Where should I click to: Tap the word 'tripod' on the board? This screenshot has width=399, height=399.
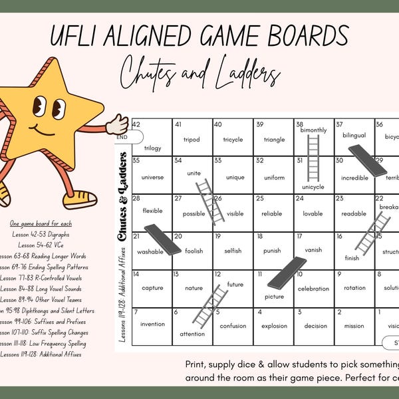(x=192, y=140)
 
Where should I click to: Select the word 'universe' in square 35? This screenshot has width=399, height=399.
(x=152, y=178)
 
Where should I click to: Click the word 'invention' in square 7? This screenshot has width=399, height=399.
(x=152, y=325)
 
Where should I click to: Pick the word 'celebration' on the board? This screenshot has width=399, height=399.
(x=313, y=289)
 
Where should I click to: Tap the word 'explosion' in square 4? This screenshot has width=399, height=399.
(x=273, y=326)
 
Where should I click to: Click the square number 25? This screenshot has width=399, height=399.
(x=259, y=199)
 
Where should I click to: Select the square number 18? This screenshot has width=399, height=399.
(x=259, y=236)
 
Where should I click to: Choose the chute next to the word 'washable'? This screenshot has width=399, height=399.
(x=162, y=239)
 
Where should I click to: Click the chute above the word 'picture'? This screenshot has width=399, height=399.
(x=287, y=273)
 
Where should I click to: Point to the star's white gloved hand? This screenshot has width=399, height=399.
(x=118, y=124)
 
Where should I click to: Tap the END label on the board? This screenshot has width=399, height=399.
(x=122, y=138)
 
